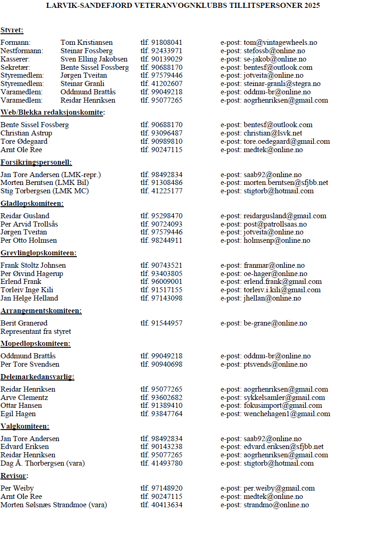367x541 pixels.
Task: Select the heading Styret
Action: click(x=12, y=31)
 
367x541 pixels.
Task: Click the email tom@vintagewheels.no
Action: click(x=280, y=43)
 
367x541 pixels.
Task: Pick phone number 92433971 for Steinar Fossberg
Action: click(x=167, y=51)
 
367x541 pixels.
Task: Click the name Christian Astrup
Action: click(x=26, y=133)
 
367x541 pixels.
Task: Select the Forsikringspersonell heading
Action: click(x=36, y=162)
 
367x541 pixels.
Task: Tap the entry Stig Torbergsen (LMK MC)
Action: click(x=44, y=191)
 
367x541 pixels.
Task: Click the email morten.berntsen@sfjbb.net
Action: click(x=286, y=183)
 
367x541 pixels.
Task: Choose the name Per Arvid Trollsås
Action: click(x=29, y=224)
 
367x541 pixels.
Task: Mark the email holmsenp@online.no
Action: click(x=277, y=240)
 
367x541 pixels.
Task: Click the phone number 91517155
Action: click(x=167, y=290)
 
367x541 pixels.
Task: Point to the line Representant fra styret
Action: click(x=36, y=332)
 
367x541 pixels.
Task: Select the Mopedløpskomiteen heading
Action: click(x=36, y=344)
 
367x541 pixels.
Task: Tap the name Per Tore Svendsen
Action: click(x=30, y=364)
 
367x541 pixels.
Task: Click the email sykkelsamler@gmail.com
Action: click(x=284, y=398)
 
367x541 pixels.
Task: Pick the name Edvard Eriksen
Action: click(x=25, y=447)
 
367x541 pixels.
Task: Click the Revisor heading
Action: click(x=13, y=476)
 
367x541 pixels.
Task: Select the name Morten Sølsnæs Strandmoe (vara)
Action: click(x=54, y=505)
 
